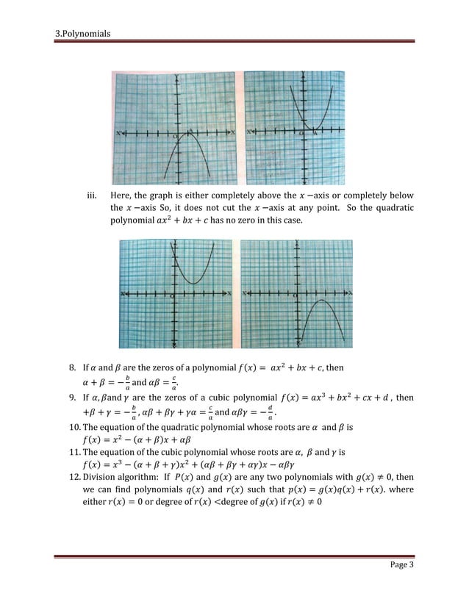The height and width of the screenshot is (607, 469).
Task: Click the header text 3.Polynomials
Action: [83, 34]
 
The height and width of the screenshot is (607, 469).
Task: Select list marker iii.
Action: [92, 196]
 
